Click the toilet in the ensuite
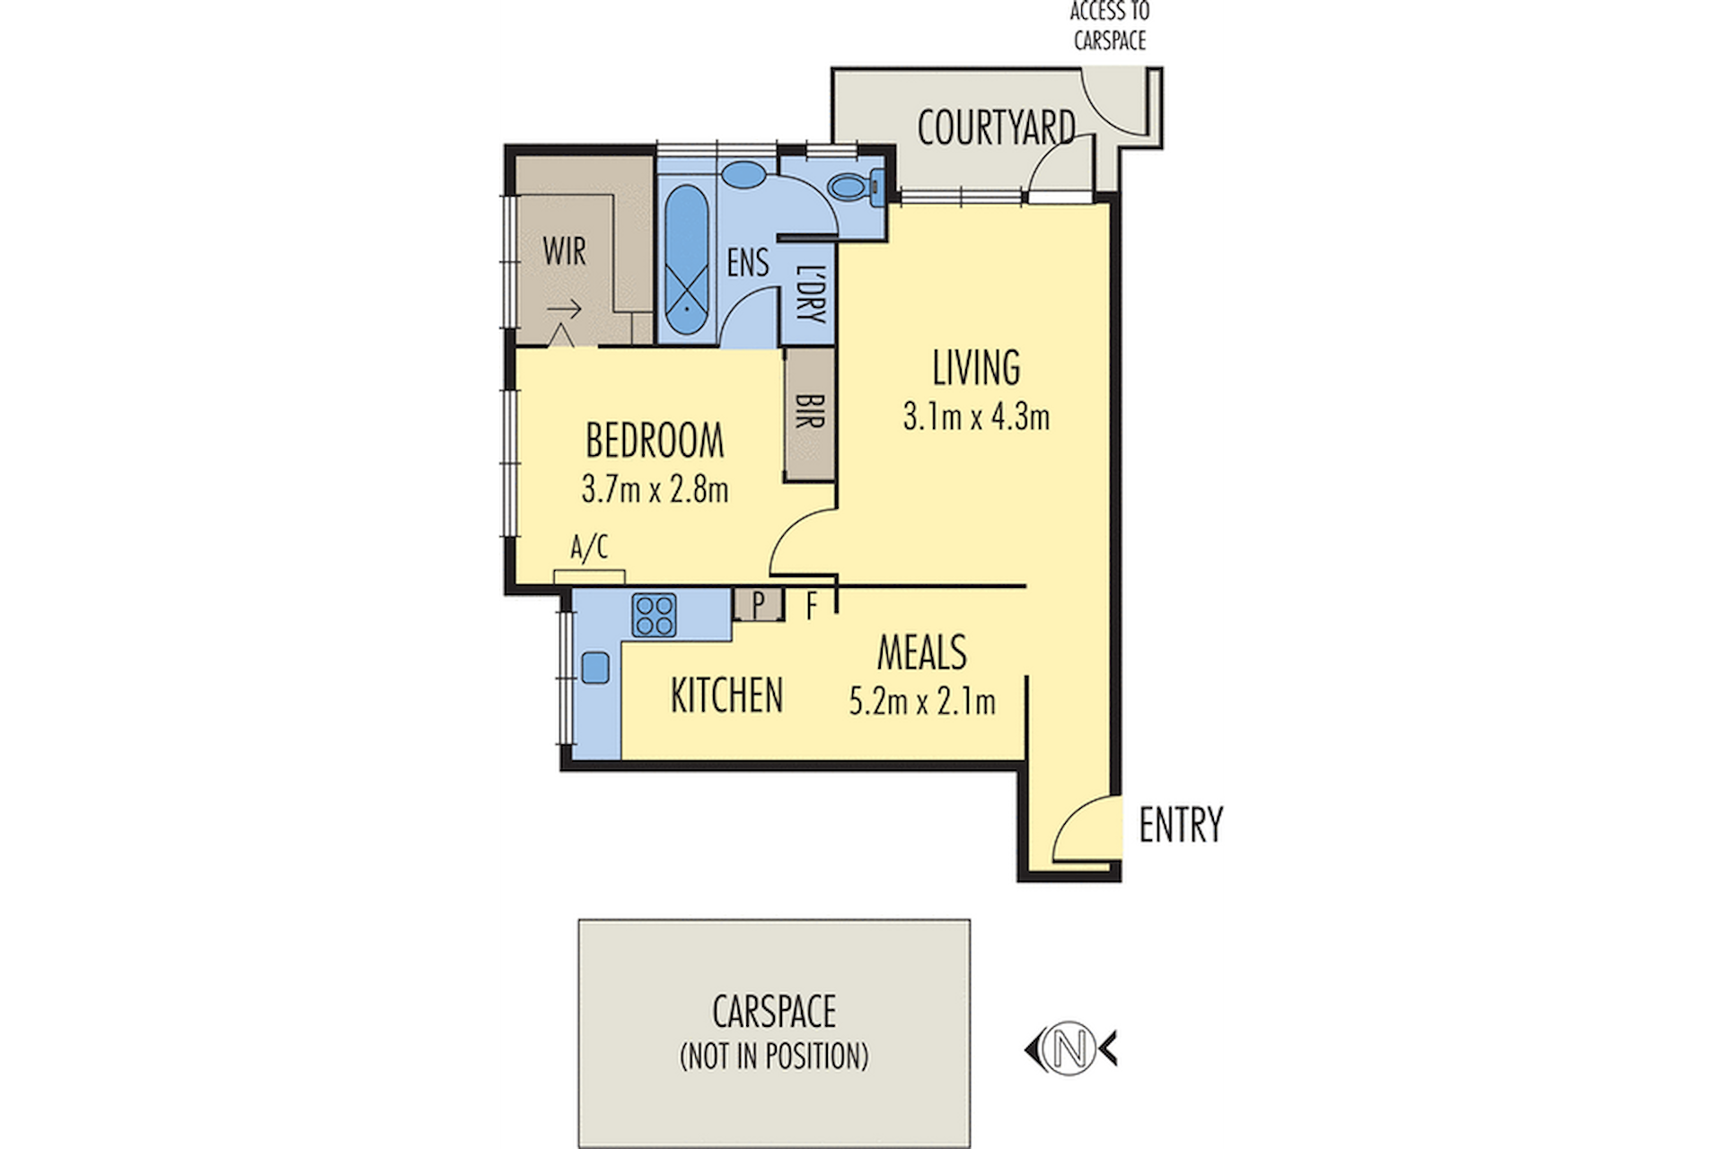pos(854,187)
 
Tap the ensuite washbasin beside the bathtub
pos(743,174)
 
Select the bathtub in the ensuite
pos(687,259)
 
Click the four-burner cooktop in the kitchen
pos(654,615)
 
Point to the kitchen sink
pos(595,668)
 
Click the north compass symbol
pos(1070,1048)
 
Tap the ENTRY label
pos(1181,825)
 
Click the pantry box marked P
pos(759,605)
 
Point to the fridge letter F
pos(812,606)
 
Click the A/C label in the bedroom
pos(589,547)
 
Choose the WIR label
pos(564,251)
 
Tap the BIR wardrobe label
pos(810,412)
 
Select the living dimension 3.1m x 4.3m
pos(976,417)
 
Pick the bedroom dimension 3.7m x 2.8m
pos(655,489)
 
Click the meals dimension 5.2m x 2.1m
pos(922,701)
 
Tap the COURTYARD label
pos(996,127)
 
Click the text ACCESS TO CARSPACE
pos(1110,25)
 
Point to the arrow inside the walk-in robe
pos(564,311)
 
